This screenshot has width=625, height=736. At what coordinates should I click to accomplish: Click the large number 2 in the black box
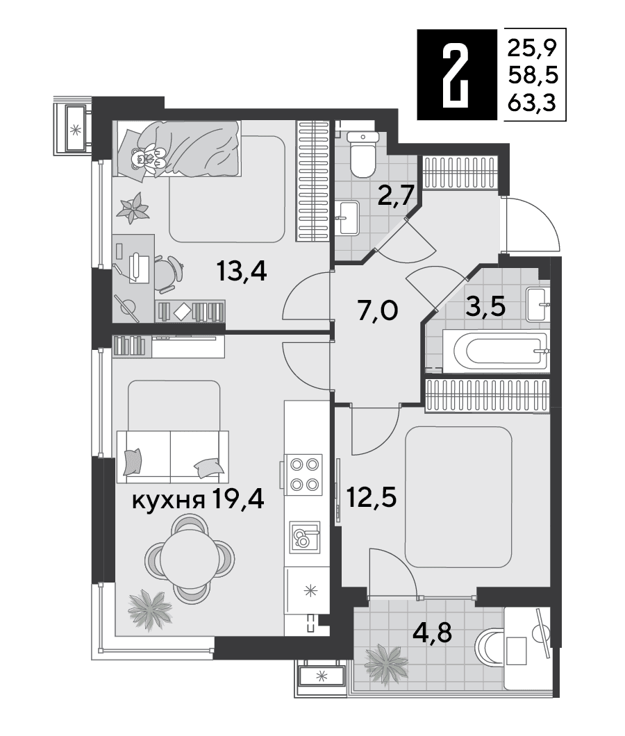(456, 74)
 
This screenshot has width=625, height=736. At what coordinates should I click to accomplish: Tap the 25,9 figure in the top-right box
(532, 47)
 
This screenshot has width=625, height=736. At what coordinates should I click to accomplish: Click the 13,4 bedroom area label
(242, 271)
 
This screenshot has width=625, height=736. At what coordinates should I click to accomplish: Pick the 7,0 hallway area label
(378, 311)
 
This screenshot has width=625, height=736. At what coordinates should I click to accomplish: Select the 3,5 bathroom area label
(485, 306)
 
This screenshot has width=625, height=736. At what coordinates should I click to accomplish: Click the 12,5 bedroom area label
(372, 497)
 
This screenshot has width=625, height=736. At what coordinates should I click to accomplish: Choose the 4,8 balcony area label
(432, 633)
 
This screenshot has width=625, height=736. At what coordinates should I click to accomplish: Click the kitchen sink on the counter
(304, 535)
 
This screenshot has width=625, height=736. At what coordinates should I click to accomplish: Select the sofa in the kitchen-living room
(172, 456)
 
